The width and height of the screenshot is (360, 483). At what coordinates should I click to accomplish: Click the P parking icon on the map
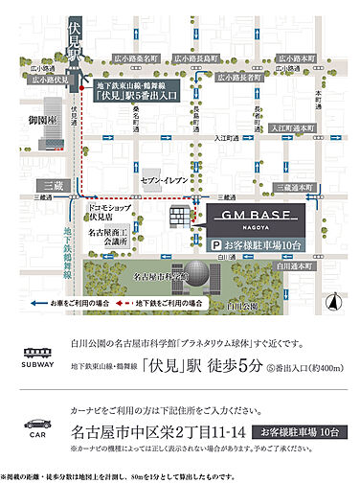click(216, 245)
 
